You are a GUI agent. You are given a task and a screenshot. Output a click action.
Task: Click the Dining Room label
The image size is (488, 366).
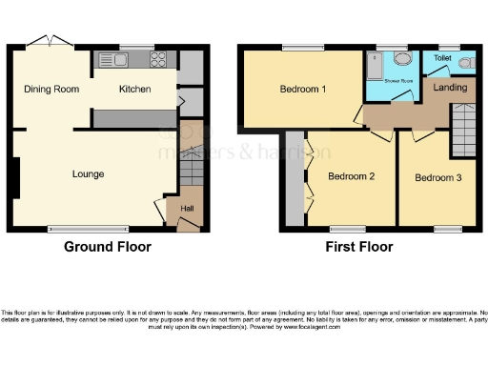pyautogui.click(x=51, y=89)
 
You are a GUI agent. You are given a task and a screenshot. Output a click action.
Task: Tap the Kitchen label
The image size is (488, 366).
pyautogui.click(x=134, y=89)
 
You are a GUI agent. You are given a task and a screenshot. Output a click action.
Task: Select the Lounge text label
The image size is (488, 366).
pyautogui.click(x=88, y=174)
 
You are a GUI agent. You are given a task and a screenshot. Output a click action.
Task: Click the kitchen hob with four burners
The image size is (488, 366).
pyautogui.click(x=158, y=60)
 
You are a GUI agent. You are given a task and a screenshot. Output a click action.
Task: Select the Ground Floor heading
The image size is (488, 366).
pyautogui.click(x=107, y=247)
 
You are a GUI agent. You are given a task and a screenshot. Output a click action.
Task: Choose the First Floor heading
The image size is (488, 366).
pyautogui.click(x=358, y=247)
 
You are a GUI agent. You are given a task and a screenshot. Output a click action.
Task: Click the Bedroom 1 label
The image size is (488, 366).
pyautogui.click(x=303, y=90)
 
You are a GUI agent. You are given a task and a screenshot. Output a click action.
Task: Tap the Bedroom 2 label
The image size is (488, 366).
pyautogui.click(x=351, y=176)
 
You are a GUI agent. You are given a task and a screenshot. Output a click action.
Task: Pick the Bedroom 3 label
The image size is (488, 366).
pyautogui.click(x=437, y=176)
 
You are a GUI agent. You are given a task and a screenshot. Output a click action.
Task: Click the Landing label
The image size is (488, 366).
pyautogui.click(x=450, y=88)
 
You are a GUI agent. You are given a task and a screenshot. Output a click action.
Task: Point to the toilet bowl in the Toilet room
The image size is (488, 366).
pyautogui.click(x=465, y=63)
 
